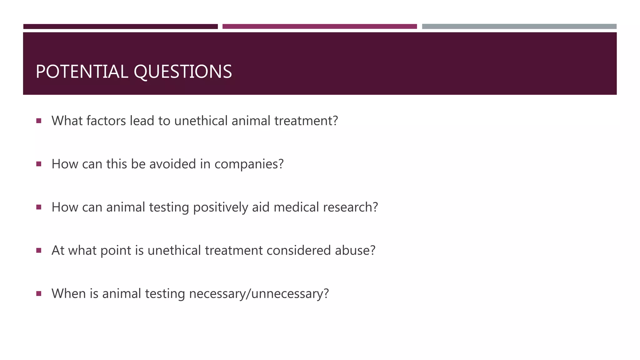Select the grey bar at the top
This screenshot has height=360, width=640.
519,27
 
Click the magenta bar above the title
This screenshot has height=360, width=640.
319,27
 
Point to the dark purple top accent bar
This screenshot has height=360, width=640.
120,27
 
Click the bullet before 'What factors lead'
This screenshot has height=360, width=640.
39,121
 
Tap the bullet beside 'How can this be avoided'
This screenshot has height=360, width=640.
39,164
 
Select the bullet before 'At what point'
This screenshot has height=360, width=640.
39,250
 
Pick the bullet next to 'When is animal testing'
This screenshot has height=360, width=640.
39,293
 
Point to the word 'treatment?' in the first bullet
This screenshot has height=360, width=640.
306,121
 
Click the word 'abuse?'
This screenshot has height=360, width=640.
355,250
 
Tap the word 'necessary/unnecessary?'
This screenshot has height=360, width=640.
259,294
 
